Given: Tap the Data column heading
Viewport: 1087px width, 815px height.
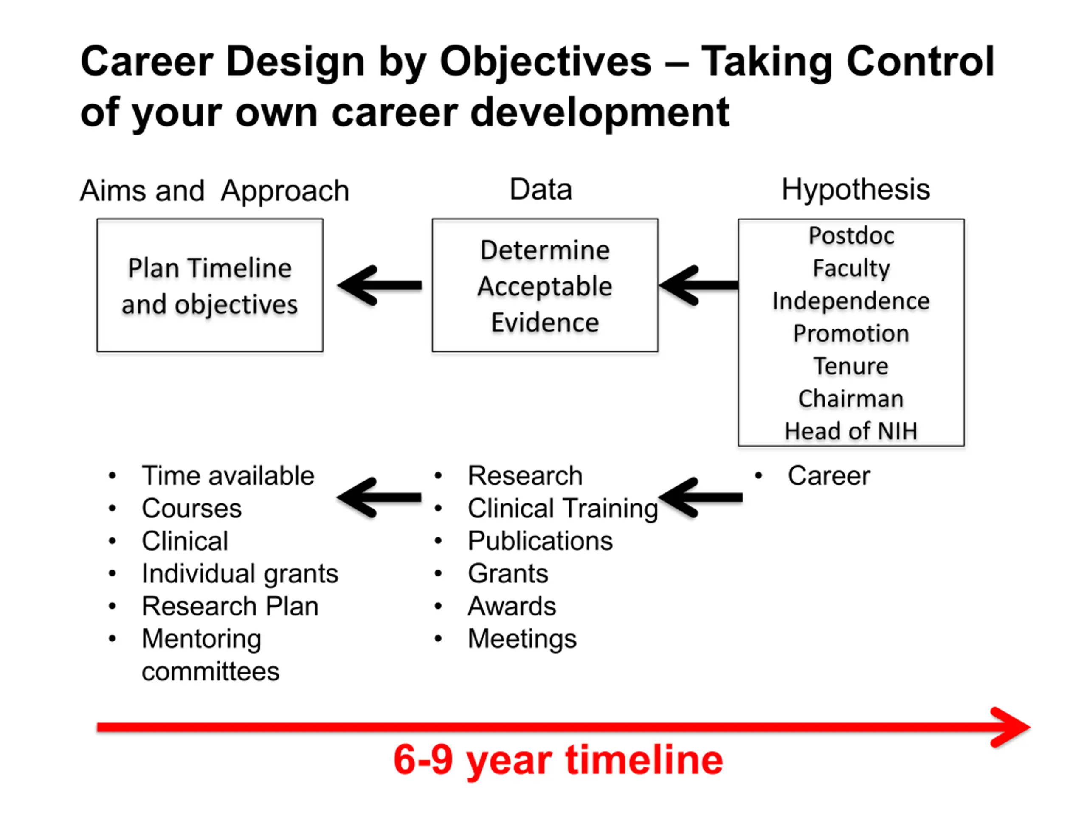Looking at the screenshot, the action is pyautogui.click(x=541, y=189).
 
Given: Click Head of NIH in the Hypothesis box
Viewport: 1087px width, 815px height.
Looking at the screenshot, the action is pyautogui.click(x=851, y=431).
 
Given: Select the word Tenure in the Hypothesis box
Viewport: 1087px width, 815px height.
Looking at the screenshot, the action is pyautogui.click(x=851, y=366).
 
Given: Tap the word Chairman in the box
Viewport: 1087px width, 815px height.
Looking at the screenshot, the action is pyautogui.click(x=851, y=399).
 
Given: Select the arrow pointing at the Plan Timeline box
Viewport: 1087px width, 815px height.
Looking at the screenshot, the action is pyautogui.click(x=379, y=285).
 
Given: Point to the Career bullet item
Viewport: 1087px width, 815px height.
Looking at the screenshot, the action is pyautogui.click(x=829, y=475).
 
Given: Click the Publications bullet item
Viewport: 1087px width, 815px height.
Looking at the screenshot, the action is pyautogui.click(x=540, y=541).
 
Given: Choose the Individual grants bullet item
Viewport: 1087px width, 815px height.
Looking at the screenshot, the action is pyautogui.click(x=240, y=574).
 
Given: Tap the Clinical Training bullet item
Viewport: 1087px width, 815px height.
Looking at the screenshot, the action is pyautogui.click(x=563, y=509).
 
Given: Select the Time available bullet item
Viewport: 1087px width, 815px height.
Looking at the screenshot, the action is pyautogui.click(x=228, y=475).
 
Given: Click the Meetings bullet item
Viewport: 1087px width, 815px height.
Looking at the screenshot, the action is pyautogui.click(x=522, y=639).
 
